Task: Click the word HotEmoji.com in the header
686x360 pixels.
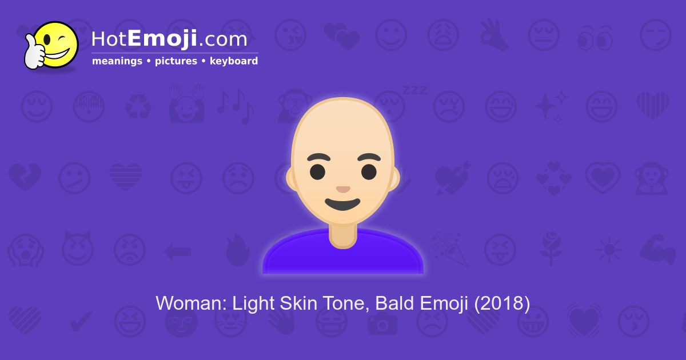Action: [x=169, y=39]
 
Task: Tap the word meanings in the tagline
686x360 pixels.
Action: [x=117, y=61]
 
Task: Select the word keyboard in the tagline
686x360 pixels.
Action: [x=234, y=61]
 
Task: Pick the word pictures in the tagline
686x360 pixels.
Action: [x=176, y=61]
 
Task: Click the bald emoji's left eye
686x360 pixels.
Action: [x=318, y=171]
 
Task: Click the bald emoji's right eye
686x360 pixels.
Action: [x=369, y=171]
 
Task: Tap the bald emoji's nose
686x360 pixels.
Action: [x=343, y=189]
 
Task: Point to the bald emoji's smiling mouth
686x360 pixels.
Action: [x=342, y=203]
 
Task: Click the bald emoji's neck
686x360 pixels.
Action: [x=343, y=234]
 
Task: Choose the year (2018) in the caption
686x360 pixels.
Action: [x=502, y=303]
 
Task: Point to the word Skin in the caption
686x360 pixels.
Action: [x=300, y=303]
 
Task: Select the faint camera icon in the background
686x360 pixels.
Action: [x=381, y=323]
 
